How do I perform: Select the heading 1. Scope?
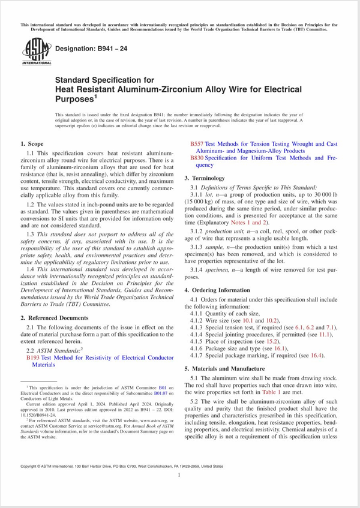point(32,144)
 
